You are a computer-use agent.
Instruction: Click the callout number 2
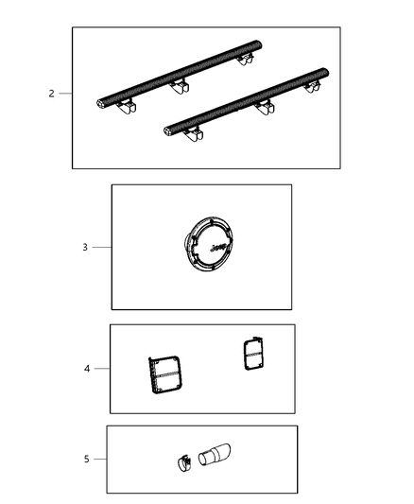51,94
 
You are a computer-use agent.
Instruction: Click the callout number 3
84,248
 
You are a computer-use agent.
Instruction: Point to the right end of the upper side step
259,44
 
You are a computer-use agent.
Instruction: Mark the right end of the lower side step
324,73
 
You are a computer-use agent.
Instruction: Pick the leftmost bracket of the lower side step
193,139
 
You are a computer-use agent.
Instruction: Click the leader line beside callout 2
65,94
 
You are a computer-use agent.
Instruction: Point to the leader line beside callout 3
101,248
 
